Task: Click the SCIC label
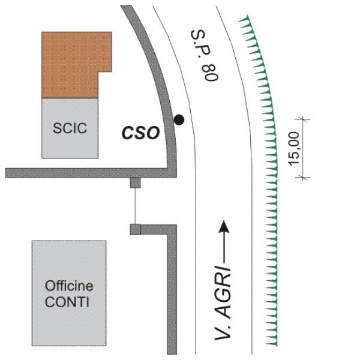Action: [x=70, y=128]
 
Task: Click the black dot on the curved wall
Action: [x=178, y=120]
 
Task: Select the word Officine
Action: [x=69, y=286]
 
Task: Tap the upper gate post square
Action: [x=135, y=182]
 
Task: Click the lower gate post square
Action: [x=135, y=229]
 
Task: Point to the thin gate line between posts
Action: [x=135, y=206]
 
